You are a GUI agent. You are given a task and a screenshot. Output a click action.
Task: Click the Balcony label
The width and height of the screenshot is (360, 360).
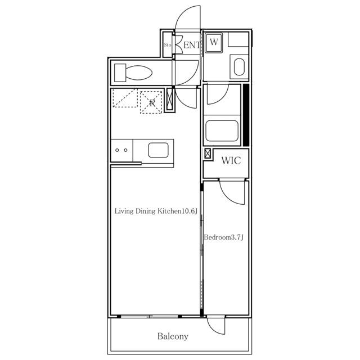pyautogui.click(x=173, y=336)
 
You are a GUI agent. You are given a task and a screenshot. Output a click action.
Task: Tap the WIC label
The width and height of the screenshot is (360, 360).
pyautogui.click(x=231, y=160)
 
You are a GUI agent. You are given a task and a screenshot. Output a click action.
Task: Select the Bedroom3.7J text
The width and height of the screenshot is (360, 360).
pyautogui.click(x=224, y=237)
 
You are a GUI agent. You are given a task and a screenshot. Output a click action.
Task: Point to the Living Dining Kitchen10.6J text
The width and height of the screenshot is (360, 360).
pyautogui.click(x=156, y=211)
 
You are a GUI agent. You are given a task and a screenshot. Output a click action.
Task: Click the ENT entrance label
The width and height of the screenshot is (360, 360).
pyautogui.click(x=192, y=45)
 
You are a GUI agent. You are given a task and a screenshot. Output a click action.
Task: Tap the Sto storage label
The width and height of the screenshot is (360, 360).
pyautogui.click(x=168, y=45)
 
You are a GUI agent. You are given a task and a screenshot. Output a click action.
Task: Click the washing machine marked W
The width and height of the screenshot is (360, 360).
pyautogui.click(x=214, y=43)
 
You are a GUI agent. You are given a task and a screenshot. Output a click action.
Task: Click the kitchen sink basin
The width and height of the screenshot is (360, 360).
pyautogui.click(x=158, y=150)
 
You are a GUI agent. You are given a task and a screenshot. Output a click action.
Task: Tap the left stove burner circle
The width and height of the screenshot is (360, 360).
pyautogui.click(x=117, y=150)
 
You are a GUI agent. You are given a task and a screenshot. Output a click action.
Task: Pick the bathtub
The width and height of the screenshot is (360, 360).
pyautogui.click(x=222, y=130)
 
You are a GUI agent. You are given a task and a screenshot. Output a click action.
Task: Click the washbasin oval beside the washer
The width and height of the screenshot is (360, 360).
pyautogui.click(x=239, y=67)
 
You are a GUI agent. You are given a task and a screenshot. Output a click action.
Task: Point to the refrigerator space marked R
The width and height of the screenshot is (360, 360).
pyautogui.click(x=151, y=102)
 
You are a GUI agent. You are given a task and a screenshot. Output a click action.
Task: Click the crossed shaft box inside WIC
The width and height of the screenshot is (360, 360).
pyautogui.click(x=208, y=154)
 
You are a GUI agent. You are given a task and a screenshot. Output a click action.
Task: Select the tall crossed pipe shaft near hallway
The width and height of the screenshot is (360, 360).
pyautogui.click(x=170, y=100)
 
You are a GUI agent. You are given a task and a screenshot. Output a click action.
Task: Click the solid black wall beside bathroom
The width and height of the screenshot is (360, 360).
pyautogui.click(x=246, y=115)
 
